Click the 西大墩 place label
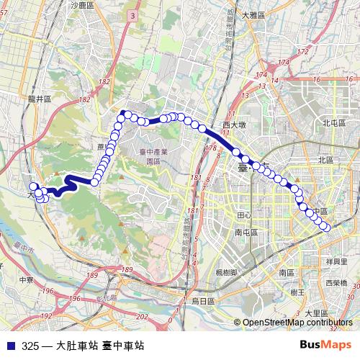(235, 125)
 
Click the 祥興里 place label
(336, 261)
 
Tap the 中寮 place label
(27, 280)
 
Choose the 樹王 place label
(296, 292)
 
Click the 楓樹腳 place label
(228, 273)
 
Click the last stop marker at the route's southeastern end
(328, 228)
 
